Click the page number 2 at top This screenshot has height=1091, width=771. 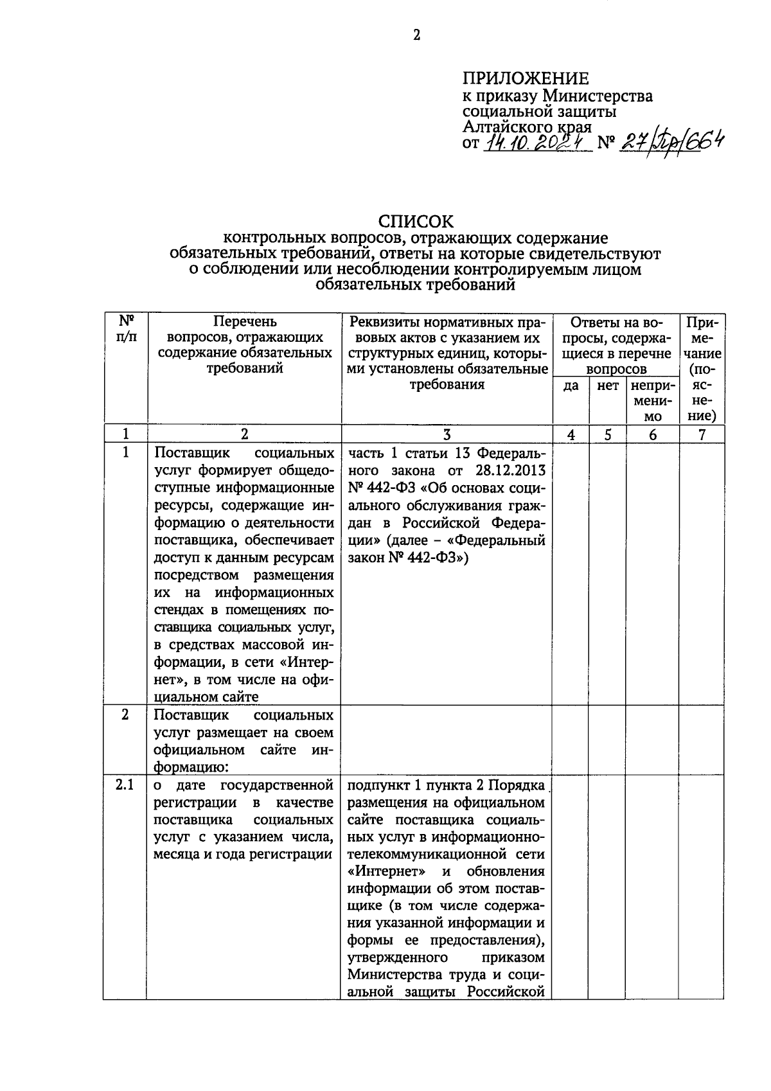point(416,36)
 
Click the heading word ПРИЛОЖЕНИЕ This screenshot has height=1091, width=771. point(526,79)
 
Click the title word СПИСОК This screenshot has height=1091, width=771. point(416,222)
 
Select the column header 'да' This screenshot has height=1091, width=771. point(571,386)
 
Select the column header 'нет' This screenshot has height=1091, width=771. point(608,386)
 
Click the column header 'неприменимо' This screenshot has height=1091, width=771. point(653,401)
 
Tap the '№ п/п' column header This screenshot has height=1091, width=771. point(126,328)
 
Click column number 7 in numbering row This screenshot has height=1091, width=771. point(702,434)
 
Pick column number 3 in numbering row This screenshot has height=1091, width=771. point(447,434)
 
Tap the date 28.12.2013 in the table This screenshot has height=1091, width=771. point(511,470)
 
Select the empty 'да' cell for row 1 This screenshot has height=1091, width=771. point(571,572)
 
